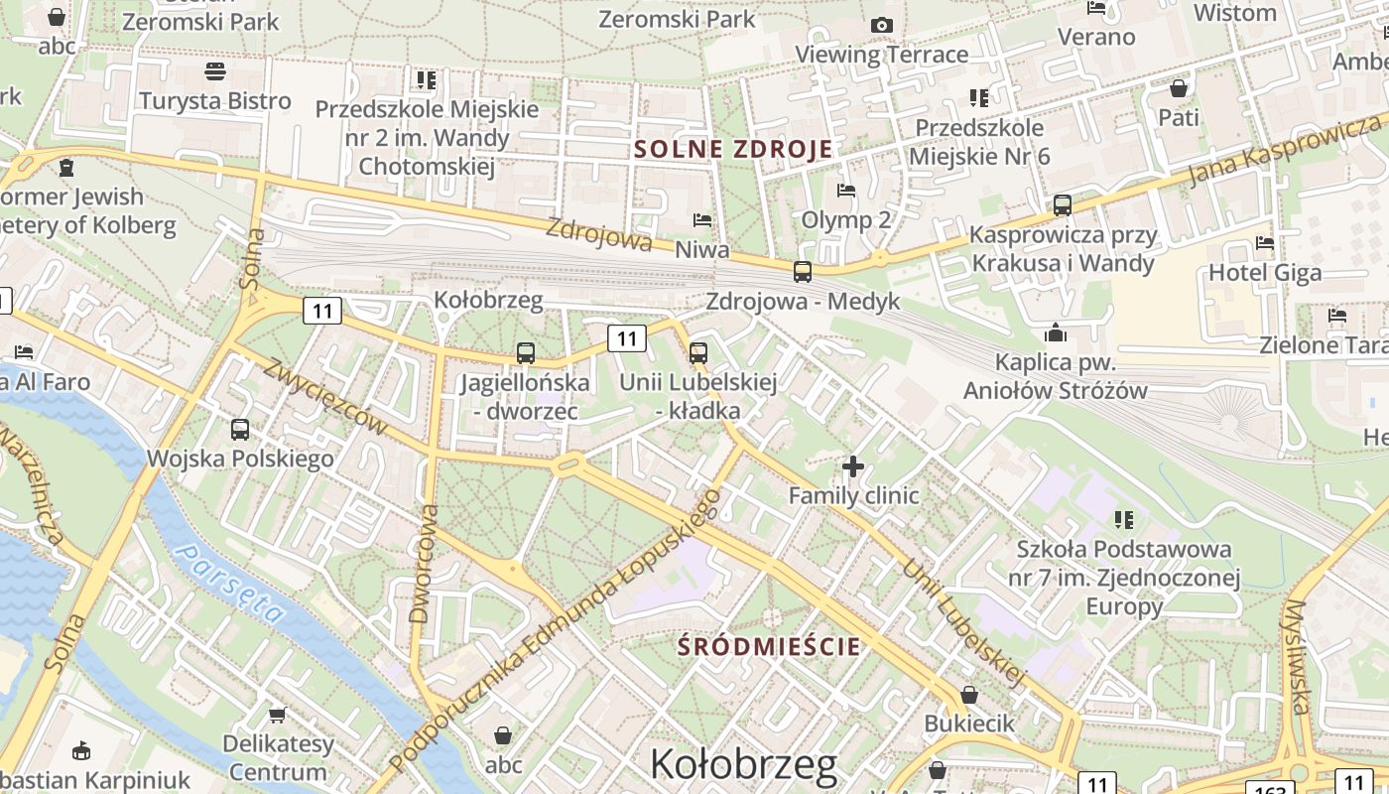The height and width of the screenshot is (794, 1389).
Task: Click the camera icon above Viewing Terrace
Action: tap(881, 25)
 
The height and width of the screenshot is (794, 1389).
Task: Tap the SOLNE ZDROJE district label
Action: tap(732, 150)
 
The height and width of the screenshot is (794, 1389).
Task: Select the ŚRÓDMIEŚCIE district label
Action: tap(769, 646)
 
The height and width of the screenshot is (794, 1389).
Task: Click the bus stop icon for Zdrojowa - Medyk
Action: tap(802, 271)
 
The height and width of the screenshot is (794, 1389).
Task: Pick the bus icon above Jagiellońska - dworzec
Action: tap(526, 352)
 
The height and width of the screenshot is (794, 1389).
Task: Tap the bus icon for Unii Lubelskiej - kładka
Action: tap(698, 352)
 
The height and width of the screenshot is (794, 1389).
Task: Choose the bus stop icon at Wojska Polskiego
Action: tap(240, 430)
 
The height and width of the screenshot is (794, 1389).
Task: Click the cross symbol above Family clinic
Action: tap(852, 464)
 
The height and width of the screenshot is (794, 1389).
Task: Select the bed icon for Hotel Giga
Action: tap(1264, 242)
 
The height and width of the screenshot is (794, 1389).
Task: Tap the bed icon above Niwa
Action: tap(702, 219)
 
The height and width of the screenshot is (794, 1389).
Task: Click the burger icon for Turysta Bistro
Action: tap(215, 70)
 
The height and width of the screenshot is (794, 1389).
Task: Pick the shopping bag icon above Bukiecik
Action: tap(969, 695)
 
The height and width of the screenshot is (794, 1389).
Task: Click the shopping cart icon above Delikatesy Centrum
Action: tap(278, 715)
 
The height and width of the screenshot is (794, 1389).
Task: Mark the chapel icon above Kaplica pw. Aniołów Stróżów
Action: tap(1055, 332)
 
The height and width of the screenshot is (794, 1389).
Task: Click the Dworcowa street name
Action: tap(423, 564)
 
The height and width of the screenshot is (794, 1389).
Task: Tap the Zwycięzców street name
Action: tap(323, 396)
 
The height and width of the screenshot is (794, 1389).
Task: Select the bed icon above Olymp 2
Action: tap(846, 190)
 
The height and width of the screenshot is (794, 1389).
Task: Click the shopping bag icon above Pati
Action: tap(1179, 88)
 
